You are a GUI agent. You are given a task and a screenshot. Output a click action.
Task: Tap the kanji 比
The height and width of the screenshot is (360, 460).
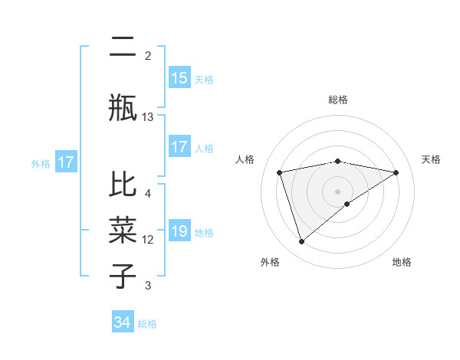click(123, 185)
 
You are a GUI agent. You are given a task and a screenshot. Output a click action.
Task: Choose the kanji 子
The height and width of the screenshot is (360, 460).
click(123, 276)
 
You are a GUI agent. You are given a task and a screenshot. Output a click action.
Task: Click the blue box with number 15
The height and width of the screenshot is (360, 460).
click(179, 78)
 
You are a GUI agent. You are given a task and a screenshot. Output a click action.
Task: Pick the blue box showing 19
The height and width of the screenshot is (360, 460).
click(179, 232)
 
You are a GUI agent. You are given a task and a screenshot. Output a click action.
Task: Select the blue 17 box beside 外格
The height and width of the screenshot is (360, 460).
click(65, 162)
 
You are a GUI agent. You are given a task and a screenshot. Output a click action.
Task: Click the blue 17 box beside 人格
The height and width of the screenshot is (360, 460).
click(179, 147)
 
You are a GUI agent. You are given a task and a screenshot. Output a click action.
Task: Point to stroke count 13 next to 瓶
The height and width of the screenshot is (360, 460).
click(148, 116)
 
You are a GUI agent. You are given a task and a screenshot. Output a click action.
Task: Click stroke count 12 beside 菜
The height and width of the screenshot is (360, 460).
click(148, 240)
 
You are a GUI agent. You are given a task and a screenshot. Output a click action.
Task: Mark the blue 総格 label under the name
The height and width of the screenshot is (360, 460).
click(147, 324)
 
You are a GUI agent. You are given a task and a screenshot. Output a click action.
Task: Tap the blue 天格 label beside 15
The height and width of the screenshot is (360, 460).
click(204, 79)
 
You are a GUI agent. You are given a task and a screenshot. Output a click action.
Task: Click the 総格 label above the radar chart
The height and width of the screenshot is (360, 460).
click(337, 100)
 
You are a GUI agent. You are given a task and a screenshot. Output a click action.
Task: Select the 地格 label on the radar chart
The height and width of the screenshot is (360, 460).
click(402, 262)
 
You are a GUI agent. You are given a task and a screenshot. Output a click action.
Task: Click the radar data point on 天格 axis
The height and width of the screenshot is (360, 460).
click(396, 172)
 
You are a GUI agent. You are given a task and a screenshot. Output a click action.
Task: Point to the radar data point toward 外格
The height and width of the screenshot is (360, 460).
click(302, 242)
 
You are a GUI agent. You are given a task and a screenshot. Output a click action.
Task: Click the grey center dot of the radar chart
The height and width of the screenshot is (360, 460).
click(337, 191)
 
